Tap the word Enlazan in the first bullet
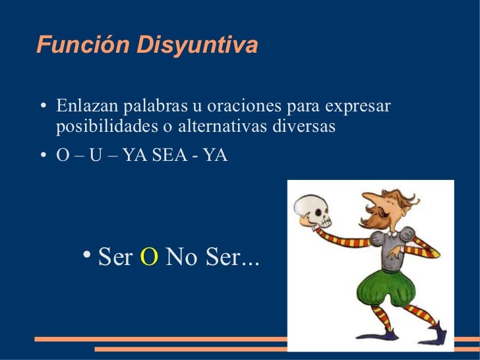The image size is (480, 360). (84, 106)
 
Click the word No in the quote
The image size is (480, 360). (182, 257)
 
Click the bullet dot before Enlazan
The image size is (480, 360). (43, 107)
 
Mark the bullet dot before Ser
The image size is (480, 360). (88, 255)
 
